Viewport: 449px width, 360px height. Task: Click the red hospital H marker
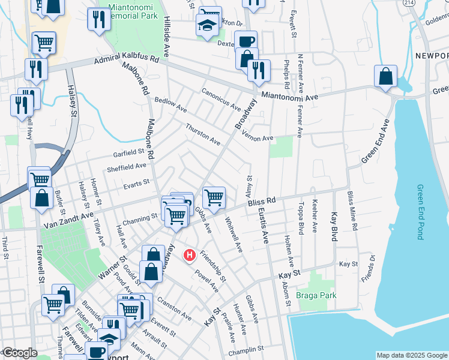click(190, 256)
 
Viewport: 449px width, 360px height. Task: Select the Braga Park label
click(316, 295)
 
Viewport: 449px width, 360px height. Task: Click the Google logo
click(19, 353)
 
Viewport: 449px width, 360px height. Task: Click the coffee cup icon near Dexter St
click(246, 41)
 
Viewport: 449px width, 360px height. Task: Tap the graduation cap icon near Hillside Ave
click(206, 25)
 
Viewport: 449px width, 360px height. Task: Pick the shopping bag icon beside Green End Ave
click(385, 76)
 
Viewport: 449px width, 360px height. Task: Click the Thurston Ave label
click(203, 134)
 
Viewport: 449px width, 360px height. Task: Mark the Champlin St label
click(247, 349)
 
